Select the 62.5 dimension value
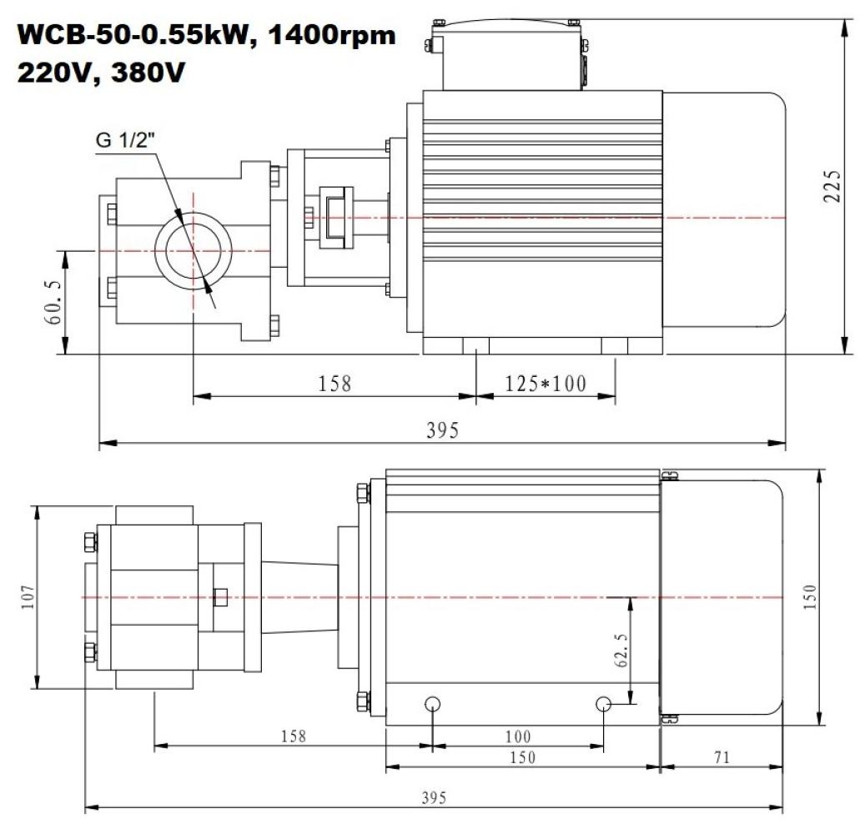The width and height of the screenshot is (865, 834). (621, 650)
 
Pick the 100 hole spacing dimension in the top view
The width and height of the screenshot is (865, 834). (518, 736)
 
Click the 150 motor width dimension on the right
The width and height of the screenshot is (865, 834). (810, 597)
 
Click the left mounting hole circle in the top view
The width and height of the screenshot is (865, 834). (432, 704)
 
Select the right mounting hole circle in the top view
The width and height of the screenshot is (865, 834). (605, 704)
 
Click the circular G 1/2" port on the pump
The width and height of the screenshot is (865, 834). (194, 250)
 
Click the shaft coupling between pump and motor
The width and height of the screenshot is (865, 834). (339, 219)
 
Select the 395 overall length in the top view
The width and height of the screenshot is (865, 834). (433, 797)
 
